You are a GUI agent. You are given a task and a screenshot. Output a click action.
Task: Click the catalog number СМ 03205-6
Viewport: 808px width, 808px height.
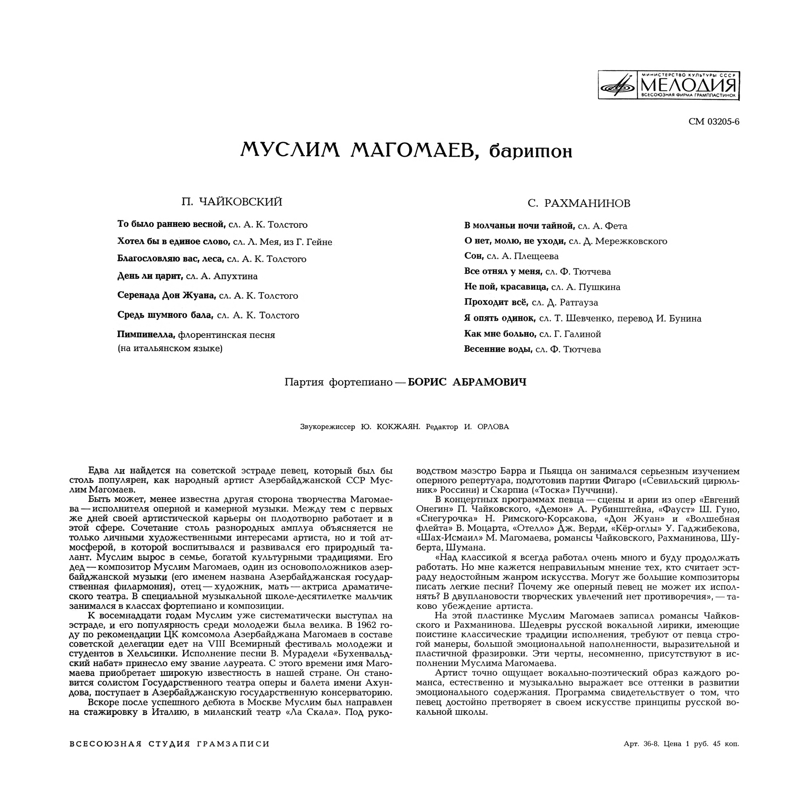(713, 122)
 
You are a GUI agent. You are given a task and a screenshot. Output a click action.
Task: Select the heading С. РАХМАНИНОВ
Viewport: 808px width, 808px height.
(579, 204)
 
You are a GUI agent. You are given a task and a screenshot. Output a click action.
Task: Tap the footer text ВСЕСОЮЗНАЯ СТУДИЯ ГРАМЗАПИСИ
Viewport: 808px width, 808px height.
(170, 756)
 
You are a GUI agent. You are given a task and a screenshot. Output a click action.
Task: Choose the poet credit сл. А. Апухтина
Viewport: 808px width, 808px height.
(222, 276)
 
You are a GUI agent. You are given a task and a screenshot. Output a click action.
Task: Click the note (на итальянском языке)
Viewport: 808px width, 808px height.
(170, 348)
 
